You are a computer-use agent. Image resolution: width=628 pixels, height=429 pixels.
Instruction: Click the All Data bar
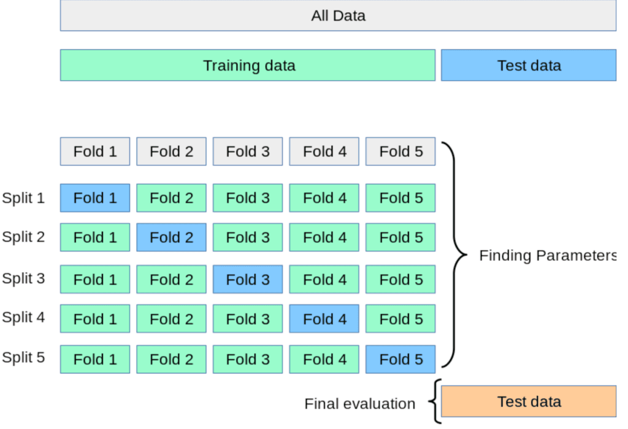(338, 15)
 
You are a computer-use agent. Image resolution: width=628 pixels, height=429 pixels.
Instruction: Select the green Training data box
(248, 65)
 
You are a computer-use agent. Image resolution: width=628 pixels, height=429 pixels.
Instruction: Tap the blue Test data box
(528, 65)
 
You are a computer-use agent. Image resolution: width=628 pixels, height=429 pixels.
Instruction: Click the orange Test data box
(528, 401)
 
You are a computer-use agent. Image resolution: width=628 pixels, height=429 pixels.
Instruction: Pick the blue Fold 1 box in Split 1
(95, 198)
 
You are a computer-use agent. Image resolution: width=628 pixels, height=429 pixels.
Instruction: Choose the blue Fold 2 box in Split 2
(171, 237)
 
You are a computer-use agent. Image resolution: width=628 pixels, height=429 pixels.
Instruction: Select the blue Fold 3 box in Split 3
(248, 279)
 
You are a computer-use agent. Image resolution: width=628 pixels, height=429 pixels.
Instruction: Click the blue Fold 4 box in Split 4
(324, 319)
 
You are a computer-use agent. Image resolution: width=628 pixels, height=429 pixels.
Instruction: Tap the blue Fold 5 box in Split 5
(400, 359)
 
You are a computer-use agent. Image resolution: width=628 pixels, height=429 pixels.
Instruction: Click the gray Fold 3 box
(248, 151)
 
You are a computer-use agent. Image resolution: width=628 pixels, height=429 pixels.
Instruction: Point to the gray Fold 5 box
(400, 151)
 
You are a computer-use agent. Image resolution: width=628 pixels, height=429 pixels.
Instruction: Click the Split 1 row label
(23, 198)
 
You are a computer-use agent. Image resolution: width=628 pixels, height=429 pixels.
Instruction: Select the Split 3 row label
(23, 278)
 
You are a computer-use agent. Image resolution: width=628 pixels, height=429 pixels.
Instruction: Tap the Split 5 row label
(23, 357)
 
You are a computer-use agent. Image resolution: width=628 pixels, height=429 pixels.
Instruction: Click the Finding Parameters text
(547, 256)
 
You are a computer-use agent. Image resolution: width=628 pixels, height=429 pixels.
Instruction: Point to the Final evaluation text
(359, 403)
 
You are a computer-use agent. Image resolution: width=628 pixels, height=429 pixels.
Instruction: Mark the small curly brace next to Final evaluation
(434, 401)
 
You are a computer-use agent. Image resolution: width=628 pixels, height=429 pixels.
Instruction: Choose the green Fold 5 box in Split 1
(400, 198)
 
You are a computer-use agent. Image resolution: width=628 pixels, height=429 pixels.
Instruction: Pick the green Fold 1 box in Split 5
(95, 359)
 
